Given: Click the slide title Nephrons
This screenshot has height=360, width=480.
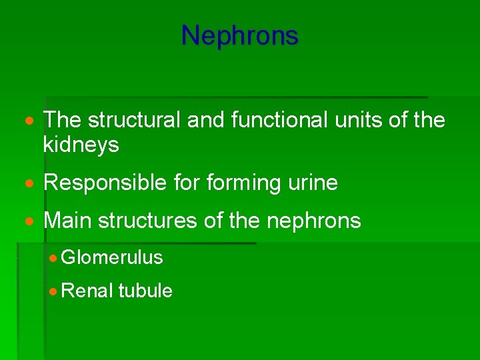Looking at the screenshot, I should pos(239,35).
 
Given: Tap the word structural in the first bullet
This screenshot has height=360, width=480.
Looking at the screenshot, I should pos(134,121).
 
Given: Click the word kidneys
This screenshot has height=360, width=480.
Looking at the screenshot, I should pos(81,145).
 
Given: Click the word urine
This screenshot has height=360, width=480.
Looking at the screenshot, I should pos(314,183).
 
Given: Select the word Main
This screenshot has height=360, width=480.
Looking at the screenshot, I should pos(67,221).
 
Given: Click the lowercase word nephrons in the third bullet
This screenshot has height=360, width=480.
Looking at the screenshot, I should pos(313,221).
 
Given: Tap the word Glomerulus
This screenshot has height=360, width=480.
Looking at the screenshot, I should pos(111,257).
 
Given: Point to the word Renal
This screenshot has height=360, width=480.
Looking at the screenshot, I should pos(87,291).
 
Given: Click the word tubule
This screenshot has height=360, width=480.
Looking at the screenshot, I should pos(145,291).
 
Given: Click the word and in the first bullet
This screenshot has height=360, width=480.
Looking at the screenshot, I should pos(206,121).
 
